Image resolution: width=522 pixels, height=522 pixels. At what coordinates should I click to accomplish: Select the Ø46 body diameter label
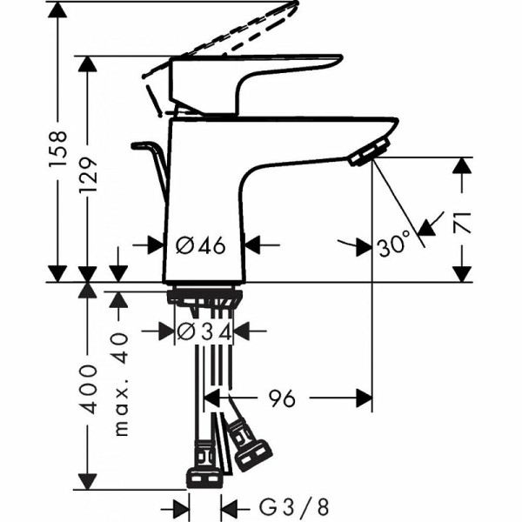(201, 245)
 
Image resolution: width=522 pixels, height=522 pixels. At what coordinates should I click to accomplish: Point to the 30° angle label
(393, 245)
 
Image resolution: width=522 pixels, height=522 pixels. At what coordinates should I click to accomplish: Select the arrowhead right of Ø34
(243, 331)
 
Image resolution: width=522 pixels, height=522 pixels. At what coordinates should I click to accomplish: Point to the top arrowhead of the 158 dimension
(57, 10)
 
